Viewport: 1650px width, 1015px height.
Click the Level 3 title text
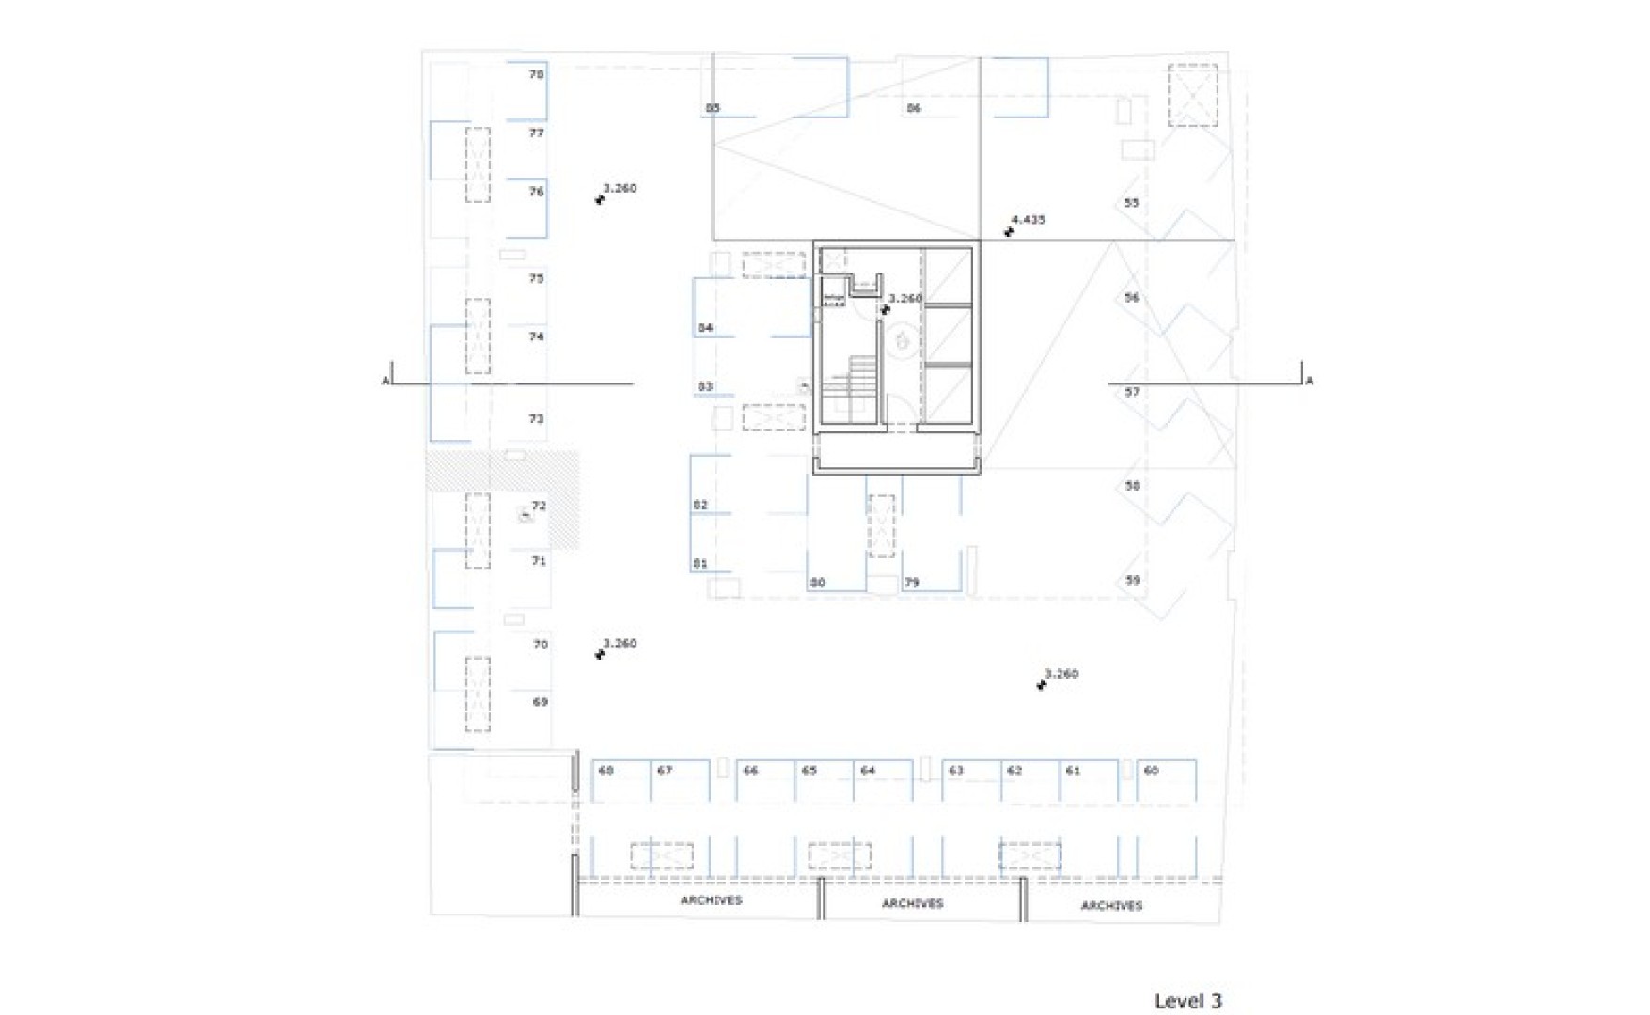click(1187, 1001)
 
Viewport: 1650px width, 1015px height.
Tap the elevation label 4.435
click(1028, 220)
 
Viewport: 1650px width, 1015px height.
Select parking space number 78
click(536, 74)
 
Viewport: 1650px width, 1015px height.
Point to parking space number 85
click(713, 108)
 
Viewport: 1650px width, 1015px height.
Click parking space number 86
click(914, 108)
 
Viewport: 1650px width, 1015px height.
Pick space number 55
click(1131, 203)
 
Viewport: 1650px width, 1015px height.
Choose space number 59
click(1133, 581)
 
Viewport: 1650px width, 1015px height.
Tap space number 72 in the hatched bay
click(539, 506)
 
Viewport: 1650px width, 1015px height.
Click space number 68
click(606, 771)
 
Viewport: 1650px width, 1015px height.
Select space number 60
click(1151, 771)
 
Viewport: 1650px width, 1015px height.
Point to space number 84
click(705, 328)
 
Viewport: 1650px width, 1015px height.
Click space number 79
click(912, 583)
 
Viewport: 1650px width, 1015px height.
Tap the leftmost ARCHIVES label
click(711, 900)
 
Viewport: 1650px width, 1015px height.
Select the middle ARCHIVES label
click(912, 903)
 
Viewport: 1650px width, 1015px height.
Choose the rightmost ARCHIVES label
click(1111, 906)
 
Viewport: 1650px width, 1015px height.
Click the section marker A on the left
click(385, 381)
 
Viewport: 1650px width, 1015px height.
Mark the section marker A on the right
click(1309, 381)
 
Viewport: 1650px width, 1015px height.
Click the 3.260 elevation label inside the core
click(905, 299)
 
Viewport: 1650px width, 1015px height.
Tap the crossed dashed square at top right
click(1192, 95)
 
